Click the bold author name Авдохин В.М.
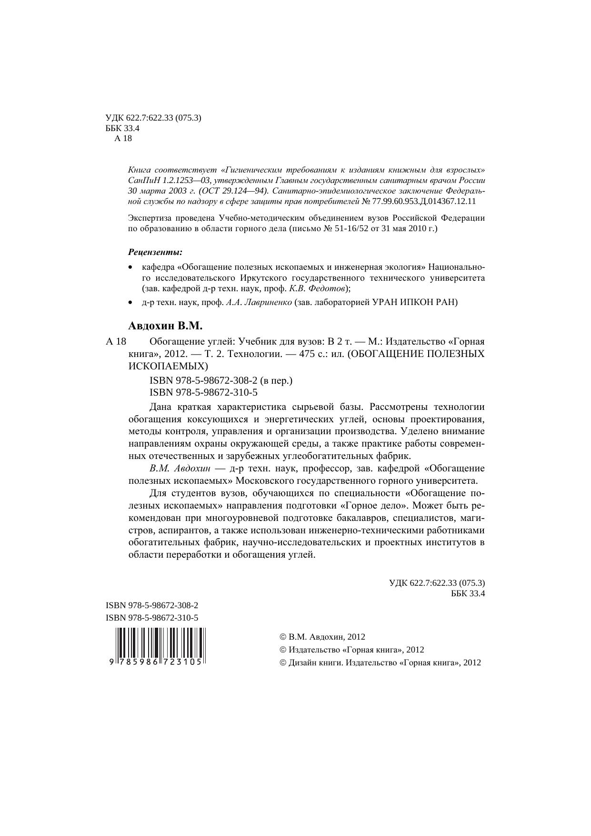pos(165,326)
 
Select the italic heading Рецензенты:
pos(155,251)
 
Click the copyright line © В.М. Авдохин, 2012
pos(322,637)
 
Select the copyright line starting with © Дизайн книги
pos(380,663)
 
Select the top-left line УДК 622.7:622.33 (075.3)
pos(153,118)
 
